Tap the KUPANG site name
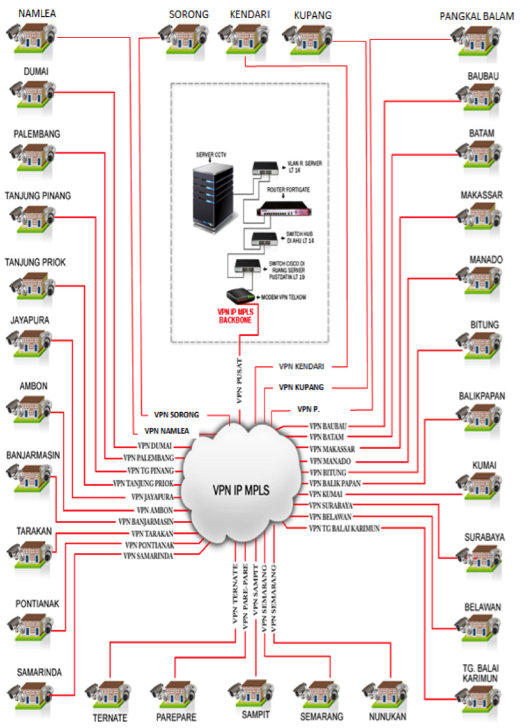(312, 14)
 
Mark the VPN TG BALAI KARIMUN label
(343, 528)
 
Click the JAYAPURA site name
(30, 320)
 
